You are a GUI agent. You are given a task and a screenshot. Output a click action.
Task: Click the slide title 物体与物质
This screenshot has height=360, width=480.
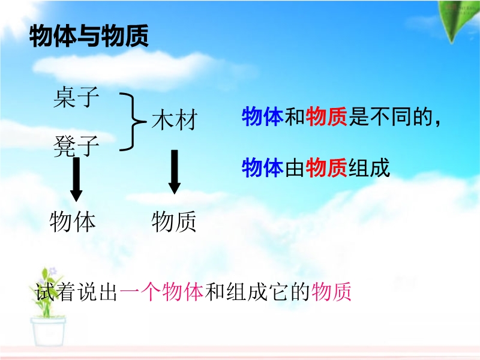pos(89,35)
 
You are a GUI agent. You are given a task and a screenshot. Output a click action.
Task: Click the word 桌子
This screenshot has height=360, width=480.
pos(76,97)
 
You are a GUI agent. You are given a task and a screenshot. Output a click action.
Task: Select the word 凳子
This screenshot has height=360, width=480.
pos(76,146)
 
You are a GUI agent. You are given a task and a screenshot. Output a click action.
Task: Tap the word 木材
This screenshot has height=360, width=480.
pos(175,119)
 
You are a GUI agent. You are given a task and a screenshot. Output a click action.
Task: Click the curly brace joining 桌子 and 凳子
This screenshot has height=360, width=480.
pos(132,122)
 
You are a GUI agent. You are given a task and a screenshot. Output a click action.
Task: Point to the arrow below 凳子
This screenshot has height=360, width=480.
pos(76,179)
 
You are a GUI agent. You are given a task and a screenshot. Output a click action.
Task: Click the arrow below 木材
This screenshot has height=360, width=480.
pos(175,172)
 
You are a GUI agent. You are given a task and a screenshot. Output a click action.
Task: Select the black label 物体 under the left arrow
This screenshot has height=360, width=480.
pos(72,221)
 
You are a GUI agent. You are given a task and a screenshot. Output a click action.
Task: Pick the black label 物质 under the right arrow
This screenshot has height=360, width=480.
pos(174,221)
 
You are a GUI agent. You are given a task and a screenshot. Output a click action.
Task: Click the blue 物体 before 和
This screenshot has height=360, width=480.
pos(263,116)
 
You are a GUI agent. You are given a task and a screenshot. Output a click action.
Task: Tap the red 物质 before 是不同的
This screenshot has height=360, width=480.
pos(326,116)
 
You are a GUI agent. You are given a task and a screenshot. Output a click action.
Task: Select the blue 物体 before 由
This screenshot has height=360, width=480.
pos(263,167)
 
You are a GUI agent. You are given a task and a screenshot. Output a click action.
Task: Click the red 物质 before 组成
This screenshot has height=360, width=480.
pos(326,167)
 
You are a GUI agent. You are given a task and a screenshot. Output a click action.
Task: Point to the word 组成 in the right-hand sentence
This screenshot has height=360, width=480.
pos(369,167)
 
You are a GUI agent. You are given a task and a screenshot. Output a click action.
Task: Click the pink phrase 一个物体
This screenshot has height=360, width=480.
pos(161,292)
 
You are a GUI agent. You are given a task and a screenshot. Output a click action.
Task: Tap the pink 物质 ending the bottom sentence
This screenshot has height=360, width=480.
pos(331,292)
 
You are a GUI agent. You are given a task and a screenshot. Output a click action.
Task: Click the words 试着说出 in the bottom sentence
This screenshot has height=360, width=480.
pos(76,292)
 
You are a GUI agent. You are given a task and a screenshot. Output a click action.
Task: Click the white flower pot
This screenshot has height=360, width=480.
pos(48,332)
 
